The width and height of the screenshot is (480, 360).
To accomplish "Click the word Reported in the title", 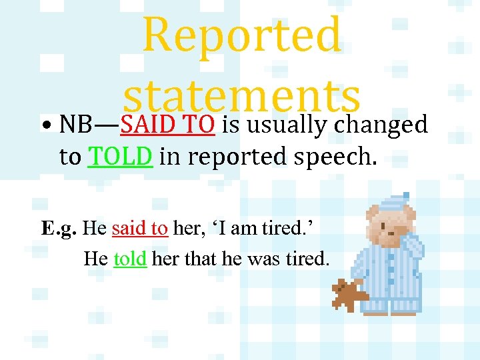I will (242, 35).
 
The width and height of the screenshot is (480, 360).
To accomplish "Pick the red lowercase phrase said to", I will (140, 229).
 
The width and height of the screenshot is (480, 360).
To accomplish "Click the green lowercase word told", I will (130, 259).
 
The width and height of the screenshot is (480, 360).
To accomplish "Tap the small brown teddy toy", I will (349, 295).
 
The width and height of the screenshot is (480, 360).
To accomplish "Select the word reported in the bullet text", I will (227, 157).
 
